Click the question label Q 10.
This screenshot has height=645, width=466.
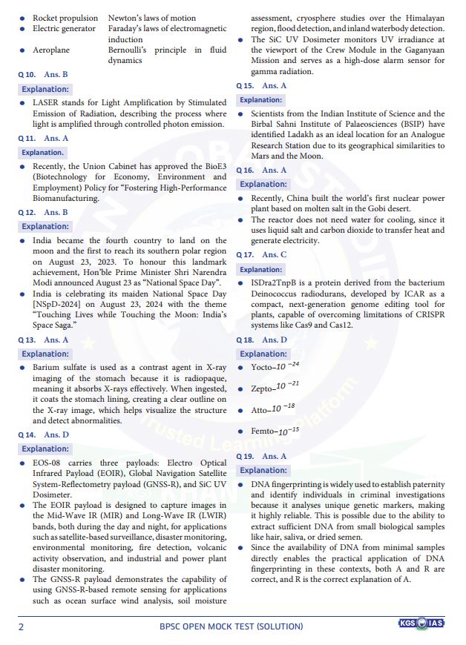[x=27, y=75]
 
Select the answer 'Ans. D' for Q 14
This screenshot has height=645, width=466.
[x=56, y=434]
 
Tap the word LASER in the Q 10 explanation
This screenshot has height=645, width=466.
[x=45, y=102]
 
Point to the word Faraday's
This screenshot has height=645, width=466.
[x=127, y=28]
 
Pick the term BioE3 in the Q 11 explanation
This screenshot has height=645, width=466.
[x=213, y=166]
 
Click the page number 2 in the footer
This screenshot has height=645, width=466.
[x=21, y=626]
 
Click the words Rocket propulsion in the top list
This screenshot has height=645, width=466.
[x=65, y=18]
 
